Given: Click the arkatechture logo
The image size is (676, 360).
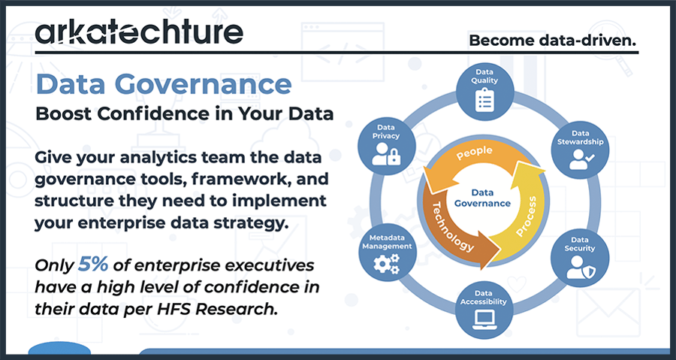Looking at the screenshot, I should pyautogui.click(x=139, y=32).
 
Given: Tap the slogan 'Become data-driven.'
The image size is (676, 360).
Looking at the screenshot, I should pyautogui.click(x=552, y=40).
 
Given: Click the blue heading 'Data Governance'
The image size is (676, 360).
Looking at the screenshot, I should pyautogui.click(x=163, y=83).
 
